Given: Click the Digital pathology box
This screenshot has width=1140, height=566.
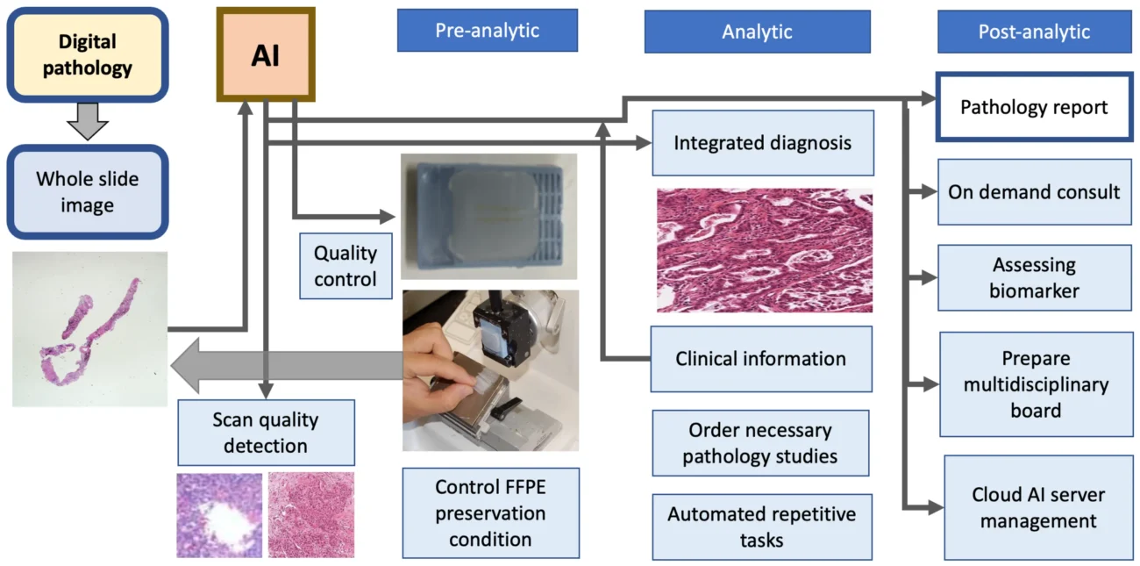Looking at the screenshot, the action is pos(88,54).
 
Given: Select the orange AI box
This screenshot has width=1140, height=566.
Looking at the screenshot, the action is pos(266,54).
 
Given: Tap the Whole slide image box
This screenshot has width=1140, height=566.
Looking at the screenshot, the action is pos(88,192).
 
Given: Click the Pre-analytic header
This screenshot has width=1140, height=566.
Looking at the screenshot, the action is pos(488,30).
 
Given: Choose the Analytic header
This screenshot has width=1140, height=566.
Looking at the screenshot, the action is pos(758,32).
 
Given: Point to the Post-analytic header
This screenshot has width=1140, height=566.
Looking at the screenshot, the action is pos(1035,32).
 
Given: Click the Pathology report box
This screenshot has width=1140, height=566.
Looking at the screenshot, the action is pos(1034,107).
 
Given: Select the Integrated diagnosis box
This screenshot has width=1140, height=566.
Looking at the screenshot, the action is pos(763,143).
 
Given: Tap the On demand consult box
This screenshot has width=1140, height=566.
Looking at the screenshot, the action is pos(1035,192).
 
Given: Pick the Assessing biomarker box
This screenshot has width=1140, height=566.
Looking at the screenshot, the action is pos(1035,277).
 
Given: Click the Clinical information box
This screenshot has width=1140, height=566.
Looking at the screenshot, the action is pos(761,359).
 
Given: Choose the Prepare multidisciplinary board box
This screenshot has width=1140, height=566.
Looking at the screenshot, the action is pos(1037,384).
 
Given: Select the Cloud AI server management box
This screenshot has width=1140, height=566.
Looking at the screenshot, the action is pos(1038,508).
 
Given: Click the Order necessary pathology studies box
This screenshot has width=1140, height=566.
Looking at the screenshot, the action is pos(760,443).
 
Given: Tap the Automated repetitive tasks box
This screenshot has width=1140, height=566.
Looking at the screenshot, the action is pos(762,527).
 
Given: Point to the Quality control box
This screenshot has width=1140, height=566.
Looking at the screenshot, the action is pos(346,266).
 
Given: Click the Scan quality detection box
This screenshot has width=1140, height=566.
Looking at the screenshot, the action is pos(267,433).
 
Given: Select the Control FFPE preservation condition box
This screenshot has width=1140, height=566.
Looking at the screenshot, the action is pos(490,513).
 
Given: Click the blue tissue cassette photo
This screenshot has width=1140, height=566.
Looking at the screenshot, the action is pos(489,217).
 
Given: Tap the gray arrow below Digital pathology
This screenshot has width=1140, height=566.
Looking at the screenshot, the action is pos(88,121).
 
